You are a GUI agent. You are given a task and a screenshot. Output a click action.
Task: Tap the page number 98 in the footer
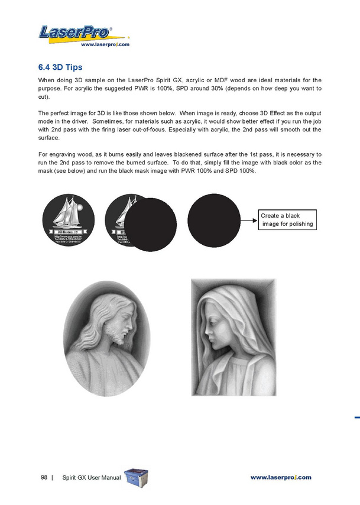44,477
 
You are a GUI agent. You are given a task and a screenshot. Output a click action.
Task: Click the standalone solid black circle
215,220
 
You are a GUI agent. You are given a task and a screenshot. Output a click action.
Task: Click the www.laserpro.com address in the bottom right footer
280,477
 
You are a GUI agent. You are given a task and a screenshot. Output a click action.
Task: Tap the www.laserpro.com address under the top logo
105,44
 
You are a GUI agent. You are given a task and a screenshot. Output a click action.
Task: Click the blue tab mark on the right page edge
357,417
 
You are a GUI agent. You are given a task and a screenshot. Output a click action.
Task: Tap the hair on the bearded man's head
103,310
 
